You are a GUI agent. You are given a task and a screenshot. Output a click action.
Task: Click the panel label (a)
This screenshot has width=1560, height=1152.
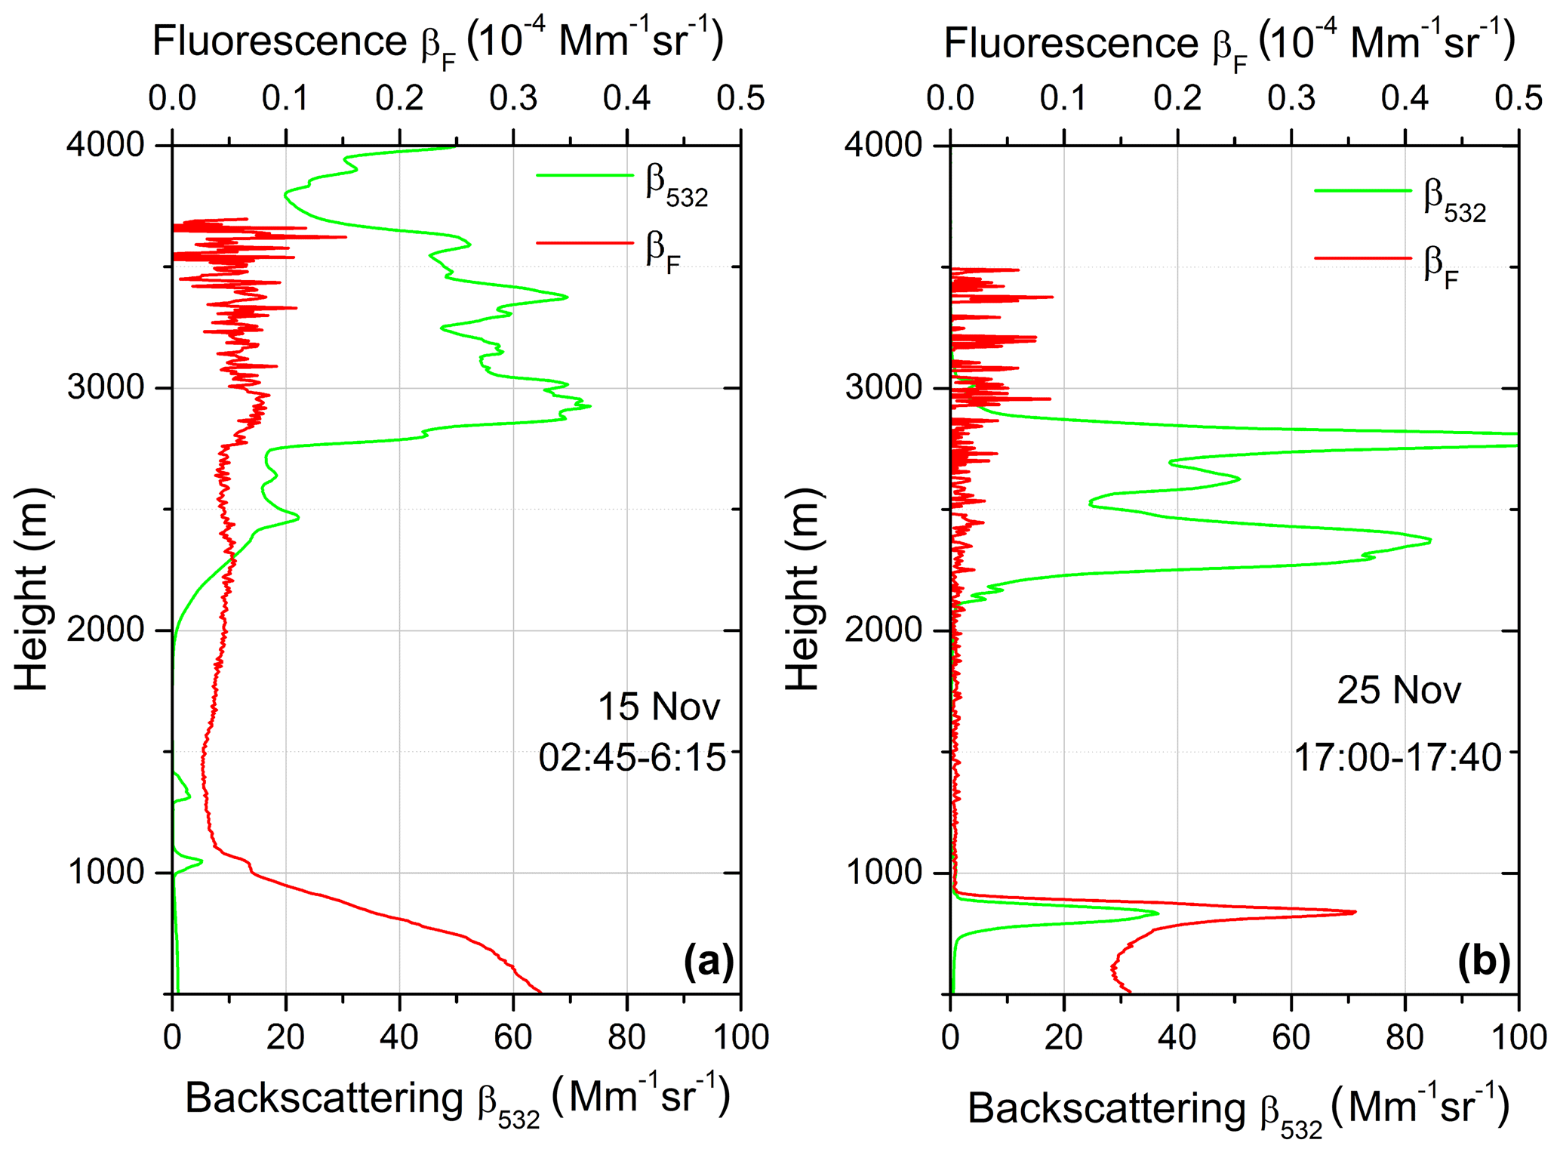(x=708, y=962)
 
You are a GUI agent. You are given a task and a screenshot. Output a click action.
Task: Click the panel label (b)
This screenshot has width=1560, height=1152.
(x=1484, y=962)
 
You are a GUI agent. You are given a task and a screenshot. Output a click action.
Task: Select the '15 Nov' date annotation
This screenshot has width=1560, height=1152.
(x=659, y=707)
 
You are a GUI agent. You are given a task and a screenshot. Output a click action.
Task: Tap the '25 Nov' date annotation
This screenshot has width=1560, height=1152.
(x=1398, y=690)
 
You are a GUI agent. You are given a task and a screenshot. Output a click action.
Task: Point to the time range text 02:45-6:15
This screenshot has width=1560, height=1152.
(x=632, y=757)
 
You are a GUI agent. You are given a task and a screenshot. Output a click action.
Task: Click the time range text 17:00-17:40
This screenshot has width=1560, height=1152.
(x=1398, y=757)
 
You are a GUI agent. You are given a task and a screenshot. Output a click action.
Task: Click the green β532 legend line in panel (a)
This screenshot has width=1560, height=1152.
(x=585, y=175)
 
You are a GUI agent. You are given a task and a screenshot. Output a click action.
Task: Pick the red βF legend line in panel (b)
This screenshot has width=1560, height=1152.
(x=1362, y=259)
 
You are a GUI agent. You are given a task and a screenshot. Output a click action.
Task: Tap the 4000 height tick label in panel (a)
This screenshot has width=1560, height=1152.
(x=106, y=145)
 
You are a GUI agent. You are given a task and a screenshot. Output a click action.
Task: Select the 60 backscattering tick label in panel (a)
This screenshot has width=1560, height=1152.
(x=513, y=1037)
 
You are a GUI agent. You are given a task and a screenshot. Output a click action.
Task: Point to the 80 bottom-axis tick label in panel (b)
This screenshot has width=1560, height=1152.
(x=1405, y=1037)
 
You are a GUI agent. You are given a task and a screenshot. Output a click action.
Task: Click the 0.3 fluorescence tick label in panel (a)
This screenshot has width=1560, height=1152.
(x=513, y=98)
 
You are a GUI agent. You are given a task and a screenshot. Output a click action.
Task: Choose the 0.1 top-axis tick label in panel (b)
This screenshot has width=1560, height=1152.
(x=1064, y=98)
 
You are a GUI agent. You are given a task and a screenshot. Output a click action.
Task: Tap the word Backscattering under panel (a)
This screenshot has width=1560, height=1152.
(x=324, y=1098)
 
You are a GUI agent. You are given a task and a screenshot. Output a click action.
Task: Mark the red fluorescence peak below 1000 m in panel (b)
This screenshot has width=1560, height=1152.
(x=1355, y=912)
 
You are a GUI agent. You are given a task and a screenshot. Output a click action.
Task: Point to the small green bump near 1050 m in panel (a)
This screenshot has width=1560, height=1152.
(x=201, y=861)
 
